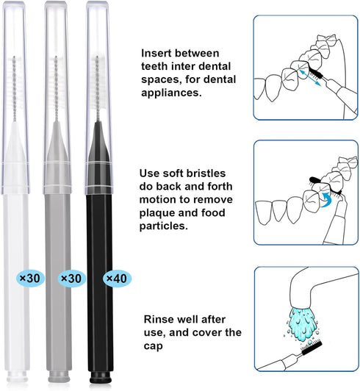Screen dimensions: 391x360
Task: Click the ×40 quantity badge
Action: [x=115, y=279]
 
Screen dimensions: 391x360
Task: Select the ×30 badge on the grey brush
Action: [x=72, y=279]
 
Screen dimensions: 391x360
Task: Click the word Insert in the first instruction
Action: [x=157, y=53]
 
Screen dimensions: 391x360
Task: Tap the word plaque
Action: [x=159, y=213]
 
